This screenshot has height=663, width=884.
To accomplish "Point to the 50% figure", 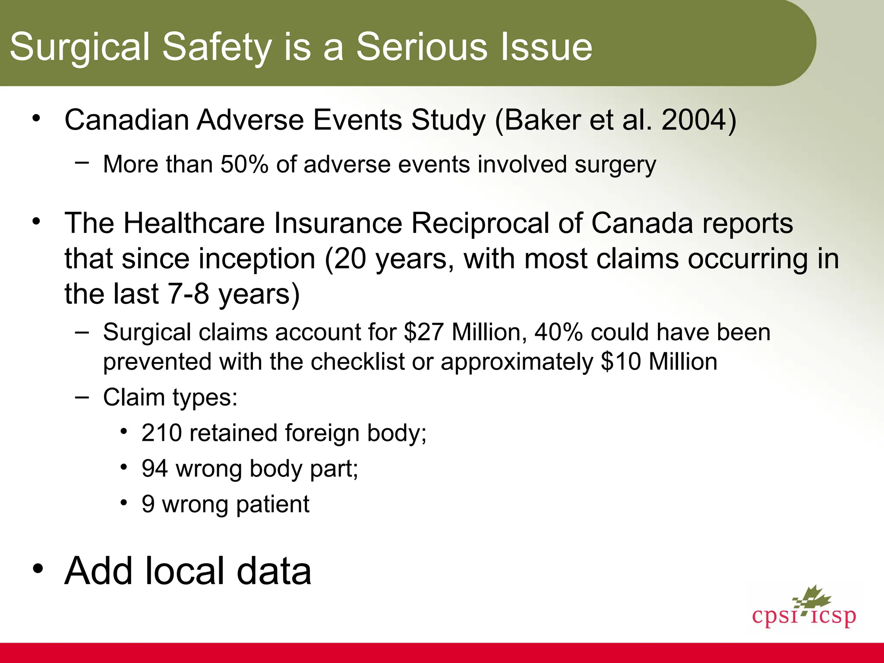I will coord(244,165).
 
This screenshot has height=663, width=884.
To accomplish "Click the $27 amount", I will coord(423,332).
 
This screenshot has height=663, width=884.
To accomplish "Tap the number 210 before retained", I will coord(162,433).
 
